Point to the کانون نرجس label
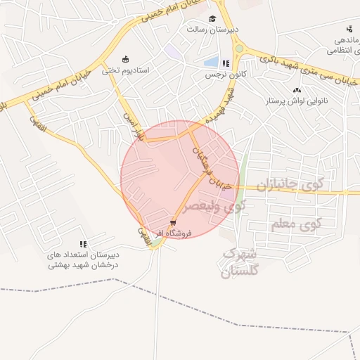click(221, 74)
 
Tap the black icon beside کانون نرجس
click(226, 63)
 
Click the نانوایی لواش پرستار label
click(297, 101)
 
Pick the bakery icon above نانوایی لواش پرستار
click(297, 90)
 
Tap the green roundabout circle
click(240, 49)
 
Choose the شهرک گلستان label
click(239, 262)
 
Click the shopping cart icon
click(173, 220)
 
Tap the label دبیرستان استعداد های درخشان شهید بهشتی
click(82, 259)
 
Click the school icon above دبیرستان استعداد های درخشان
click(82, 244)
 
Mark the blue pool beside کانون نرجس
click(210, 62)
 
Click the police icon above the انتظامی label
click(349, 29)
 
